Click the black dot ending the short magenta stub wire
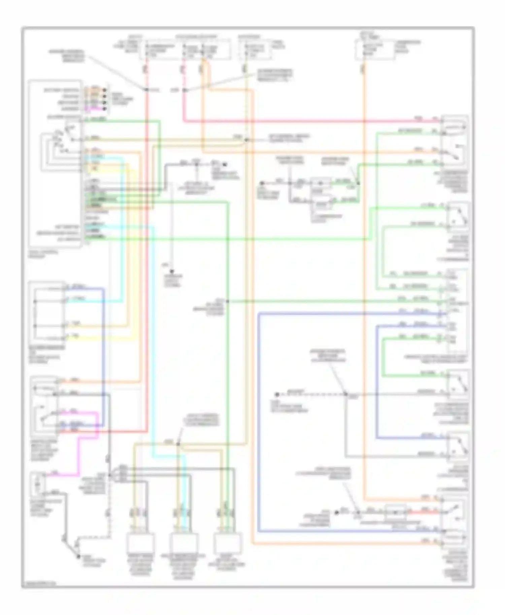[105, 109]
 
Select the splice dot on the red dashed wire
[147, 90]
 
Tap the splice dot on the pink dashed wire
[184, 90]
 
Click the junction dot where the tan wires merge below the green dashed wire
[246, 140]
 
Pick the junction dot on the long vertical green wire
[228, 301]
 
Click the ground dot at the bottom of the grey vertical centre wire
[172, 271]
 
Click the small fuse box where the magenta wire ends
[37, 484]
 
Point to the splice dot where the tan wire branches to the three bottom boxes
[178, 444]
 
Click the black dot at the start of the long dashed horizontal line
[277, 394]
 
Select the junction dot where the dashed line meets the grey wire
[346, 394]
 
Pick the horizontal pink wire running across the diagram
[303, 121]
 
